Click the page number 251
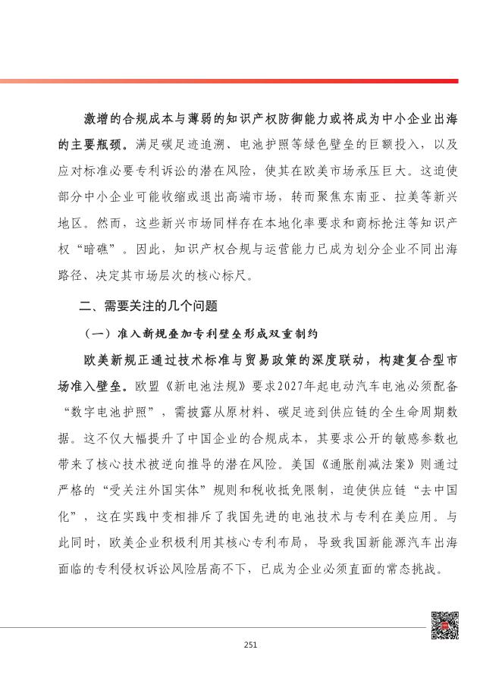pyautogui.click(x=251, y=645)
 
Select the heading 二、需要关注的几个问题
pyautogui.click(x=149, y=306)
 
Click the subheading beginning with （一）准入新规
pyautogui.click(x=200, y=333)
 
